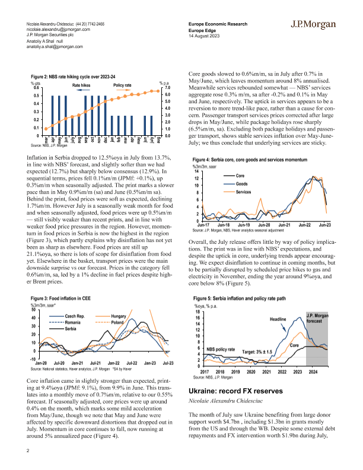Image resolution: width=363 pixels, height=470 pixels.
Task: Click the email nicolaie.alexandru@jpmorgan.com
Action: click(x=59, y=28)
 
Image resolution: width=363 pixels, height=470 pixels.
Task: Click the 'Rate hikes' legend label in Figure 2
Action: click(x=85, y=85)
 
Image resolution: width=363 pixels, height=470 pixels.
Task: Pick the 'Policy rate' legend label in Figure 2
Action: click(x=122, y=85)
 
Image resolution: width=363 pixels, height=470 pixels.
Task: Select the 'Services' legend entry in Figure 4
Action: click(x=244, y=192)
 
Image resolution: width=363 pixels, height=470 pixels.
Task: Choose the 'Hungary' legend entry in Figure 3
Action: click(x=119, y=316)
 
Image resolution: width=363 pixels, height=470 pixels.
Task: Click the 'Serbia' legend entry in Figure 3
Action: click(x=72, y=328)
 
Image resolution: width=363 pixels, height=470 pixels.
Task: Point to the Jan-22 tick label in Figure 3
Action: click(x=113, y=361)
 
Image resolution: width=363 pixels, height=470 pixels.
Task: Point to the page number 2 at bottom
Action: click(x=28, y=450)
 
